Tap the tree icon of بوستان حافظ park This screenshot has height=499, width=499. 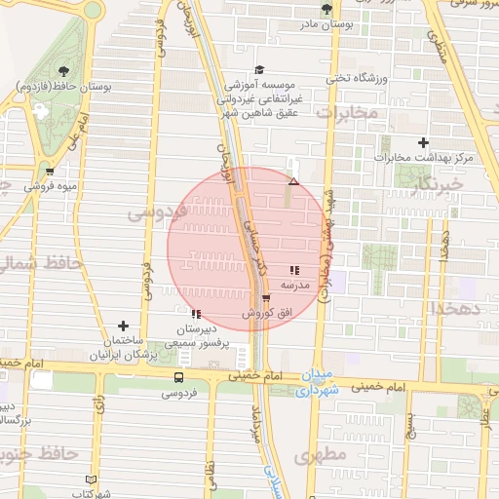pyautogui.click(x=63, y=70)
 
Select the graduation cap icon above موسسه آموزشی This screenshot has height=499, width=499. pyautogui.click(x=259, y=69)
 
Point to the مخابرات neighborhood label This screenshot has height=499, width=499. pyautogui.click(x=347, y=114)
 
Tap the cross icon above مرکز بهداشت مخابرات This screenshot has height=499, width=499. pyautogui.click(x=423, y=143)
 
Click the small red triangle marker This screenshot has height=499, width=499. pyautogui.click(x=293, y=182)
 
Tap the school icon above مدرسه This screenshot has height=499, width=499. pyautogui.click(x=294, y=271)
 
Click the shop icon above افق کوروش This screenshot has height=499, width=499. pyautogui.click(x=266, y=298)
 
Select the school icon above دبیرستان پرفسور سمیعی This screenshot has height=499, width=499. pyautogui.click(x=197, y=314)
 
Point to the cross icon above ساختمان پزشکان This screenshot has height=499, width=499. pyautogui.click(x=123, y=326)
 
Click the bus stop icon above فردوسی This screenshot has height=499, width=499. pyautogui.click(x=178, y=378)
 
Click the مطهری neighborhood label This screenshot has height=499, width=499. pyautogui.click(x=318, y=455)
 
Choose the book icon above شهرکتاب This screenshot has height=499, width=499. pyautogui.click(x=93, y=480)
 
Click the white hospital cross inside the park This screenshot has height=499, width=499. pyautogui.click(x=40, y=111)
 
